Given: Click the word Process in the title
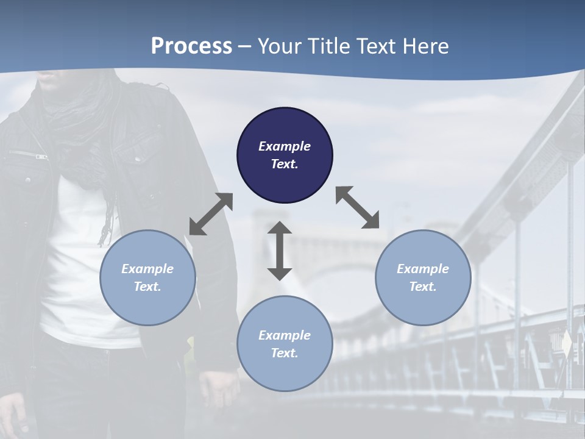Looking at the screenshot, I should point(191,46).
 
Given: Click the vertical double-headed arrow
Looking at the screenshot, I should point(280,251).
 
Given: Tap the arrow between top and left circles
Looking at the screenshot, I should point(211,214).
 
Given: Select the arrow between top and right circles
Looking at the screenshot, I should point(357,207).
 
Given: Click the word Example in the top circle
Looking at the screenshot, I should point(285,146).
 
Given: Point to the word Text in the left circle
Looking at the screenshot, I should point(147,287).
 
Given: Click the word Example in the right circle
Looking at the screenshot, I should point(423,269).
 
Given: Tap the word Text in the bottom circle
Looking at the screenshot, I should point(285,353).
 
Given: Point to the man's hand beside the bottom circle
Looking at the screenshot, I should point(220,388).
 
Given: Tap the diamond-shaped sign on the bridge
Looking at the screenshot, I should point(567,344).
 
